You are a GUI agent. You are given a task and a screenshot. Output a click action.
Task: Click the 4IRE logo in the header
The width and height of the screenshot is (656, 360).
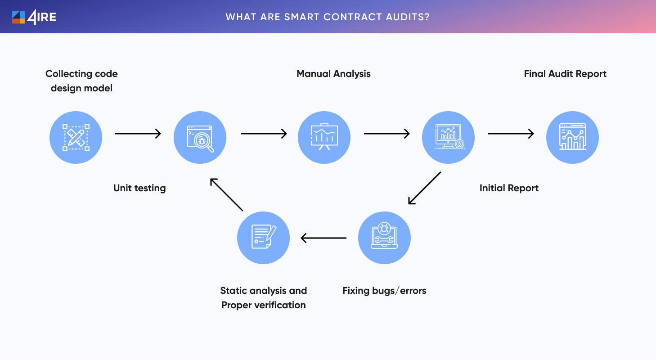tap(34, 17)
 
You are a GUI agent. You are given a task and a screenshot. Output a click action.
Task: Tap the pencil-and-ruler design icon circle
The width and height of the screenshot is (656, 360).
tap(76, 137)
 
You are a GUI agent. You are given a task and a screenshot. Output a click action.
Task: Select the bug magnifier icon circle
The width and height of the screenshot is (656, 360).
tap(200, 137)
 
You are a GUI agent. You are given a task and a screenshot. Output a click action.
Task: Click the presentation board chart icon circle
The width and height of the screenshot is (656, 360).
tap(324, 137)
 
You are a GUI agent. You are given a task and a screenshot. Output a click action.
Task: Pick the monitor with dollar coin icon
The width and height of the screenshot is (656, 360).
tap(449, 137)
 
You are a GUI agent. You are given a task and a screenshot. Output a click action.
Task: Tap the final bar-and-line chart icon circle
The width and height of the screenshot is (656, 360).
tap(572, 137)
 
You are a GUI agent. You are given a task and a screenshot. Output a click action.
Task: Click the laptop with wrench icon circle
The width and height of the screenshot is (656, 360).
tap(385, 238)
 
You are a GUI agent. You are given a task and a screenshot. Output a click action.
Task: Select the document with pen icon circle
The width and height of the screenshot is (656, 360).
tap(264, 238)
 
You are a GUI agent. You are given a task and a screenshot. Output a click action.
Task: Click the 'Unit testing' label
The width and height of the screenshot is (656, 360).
tap(139, 188)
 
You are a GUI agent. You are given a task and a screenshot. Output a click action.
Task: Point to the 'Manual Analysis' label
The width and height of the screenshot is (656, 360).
tap(333, 74)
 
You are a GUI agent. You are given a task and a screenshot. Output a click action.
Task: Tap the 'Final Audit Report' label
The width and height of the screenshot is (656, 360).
tap(565, 74)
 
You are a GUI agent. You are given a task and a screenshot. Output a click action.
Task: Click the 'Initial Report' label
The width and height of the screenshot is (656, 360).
tap(509, 188)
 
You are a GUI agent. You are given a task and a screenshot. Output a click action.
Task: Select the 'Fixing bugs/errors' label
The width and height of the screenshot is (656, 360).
tap(384, 291)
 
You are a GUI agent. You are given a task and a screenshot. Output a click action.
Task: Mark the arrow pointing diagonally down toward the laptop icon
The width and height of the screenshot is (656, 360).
tap(424, 188)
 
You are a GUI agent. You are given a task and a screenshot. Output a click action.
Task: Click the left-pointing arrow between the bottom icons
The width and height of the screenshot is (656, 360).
tap(324, 238)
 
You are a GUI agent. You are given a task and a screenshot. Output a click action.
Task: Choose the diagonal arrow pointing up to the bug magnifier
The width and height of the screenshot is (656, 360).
tap(226, 194)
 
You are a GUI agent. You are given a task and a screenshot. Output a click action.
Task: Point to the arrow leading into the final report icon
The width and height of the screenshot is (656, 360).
tap(511, 134)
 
